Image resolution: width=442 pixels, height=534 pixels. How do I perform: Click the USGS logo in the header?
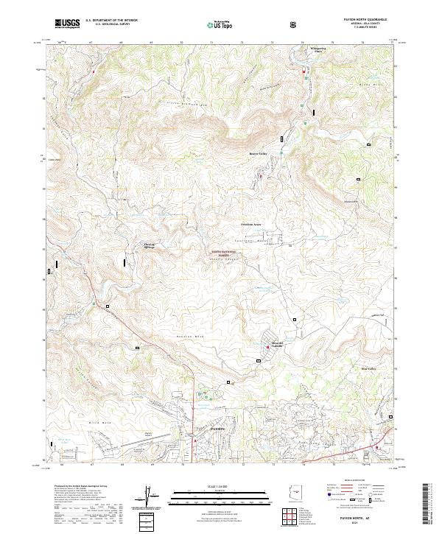click(x=67, y=24)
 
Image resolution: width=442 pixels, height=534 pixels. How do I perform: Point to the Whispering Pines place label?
click(x=318, y=51)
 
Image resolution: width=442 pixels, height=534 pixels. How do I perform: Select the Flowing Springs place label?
click(x=151, y=246)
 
